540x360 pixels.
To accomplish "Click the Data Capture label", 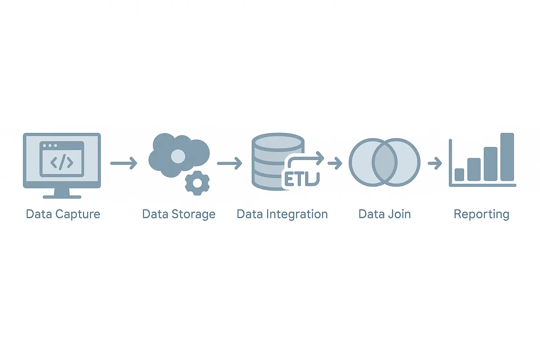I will (x=63, y=214).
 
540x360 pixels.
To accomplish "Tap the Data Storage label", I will (x=179, y=214).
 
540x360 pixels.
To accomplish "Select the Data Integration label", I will (x=282, y=214).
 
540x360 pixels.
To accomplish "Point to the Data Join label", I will (x=385, y=214).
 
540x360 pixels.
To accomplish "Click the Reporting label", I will (x=481, y=214).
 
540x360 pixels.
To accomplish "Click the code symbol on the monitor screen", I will (x=62, y=162).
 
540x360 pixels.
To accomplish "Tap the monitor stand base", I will (x=62, y=196).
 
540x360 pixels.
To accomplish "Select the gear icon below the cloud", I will (x=197, y=183).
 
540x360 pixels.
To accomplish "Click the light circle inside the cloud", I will (x=178, y=156).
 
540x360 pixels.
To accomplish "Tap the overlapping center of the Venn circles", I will (x=385, y=162).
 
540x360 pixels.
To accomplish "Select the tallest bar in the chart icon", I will (x=507, y=157).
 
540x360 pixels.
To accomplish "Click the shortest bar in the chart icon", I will (x=459, y=174).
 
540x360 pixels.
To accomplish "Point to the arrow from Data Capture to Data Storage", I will (x=124, y=163).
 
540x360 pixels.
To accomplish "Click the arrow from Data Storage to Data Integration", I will (x=230, y=163).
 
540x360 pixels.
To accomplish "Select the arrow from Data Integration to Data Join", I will (x=335, y=163).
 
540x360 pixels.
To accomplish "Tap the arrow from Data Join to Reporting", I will (x=435, y=163).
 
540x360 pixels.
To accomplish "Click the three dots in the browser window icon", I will (x=50, y=145).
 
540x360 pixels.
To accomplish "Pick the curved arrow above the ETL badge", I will (x=306, y=159).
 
